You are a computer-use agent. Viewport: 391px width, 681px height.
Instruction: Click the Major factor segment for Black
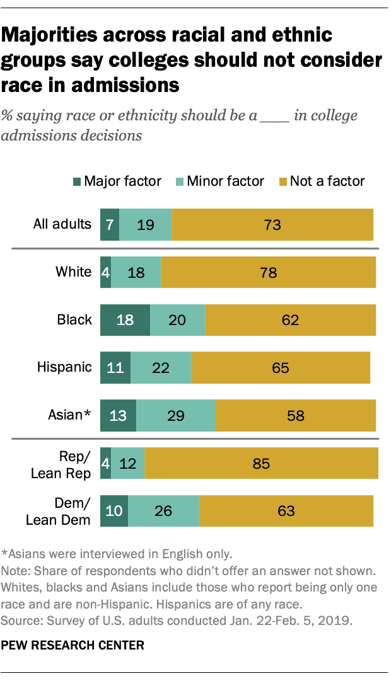tap(125, 320)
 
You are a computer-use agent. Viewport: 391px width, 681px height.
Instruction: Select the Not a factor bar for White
tap(268, 272)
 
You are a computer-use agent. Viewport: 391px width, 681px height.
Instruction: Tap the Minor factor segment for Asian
tap(176, 415)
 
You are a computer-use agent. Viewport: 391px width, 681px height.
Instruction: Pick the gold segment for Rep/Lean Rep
tap(261, 464)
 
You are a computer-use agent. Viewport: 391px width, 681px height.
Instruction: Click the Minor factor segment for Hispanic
tap(161, 367)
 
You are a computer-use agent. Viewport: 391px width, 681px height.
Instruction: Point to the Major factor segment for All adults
tap(109, 225)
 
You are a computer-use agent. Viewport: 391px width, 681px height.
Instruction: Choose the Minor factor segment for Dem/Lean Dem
tap(163, 510)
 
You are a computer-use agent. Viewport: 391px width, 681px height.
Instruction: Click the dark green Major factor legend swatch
tap(76, 181)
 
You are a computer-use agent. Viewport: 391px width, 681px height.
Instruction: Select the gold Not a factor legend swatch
tap(282, 181)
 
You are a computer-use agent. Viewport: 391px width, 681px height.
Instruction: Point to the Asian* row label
tap(70, 415)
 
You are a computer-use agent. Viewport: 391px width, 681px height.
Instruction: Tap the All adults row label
tap(62, 224)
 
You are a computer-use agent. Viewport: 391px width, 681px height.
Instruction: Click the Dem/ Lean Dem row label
tap(59, 511)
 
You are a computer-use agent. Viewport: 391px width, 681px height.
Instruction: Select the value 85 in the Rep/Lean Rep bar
tap(261, 464)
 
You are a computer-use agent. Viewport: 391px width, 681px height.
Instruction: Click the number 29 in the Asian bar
tap(176, 415)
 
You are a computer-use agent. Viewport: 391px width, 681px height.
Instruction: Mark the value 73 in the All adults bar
tap(272, 225)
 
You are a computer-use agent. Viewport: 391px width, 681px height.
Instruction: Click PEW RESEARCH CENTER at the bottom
tap(73, 645)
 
